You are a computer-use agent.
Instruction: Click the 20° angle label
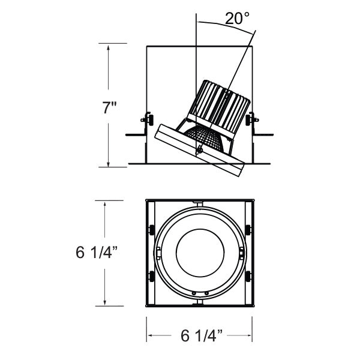[238, 18]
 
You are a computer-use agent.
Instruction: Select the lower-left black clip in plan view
[151, 276]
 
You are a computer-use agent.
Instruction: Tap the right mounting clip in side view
[250, 119]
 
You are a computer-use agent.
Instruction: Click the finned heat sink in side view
[220, 106]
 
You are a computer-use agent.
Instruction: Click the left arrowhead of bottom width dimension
[149, 335]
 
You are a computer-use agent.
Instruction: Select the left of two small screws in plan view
[194, 293]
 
